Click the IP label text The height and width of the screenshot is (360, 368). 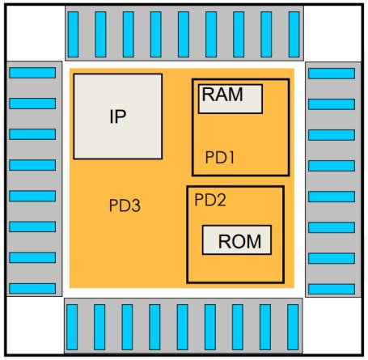pyautogui.click(x=118, y=116)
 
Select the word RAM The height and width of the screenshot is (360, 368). pyautogui.click(x=222, y=94)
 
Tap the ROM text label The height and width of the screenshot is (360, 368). pyautogui.click(x=239, y=241)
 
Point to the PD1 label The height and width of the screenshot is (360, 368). pyautogui.click(x=220, y=157)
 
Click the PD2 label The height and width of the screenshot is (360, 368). pyautogui.click(x=210, y=200)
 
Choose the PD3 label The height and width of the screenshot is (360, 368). pyautogui.click(x=125, y=205)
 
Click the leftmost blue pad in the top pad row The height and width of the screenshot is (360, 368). pyautogui.click(x=73, y=34)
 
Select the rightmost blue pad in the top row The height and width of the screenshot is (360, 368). pyautogui.click(x=294, y=34)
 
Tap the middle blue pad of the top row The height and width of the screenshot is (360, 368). pyautogui.click(x=184, y=34)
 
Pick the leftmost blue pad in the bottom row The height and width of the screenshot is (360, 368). pyautogui.click(x=72, y=327)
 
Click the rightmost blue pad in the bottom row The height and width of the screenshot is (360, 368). pyautogui.click(x=293, y=327)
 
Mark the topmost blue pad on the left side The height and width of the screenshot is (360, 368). pyautogui.click(x=32, y=73)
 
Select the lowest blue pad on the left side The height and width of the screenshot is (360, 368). pyautogui.click(x=32, y=288)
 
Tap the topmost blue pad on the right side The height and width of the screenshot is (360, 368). pyautogui.click(x=332, y=74)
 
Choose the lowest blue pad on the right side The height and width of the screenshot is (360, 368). pyautogui.click(x=332, y=289)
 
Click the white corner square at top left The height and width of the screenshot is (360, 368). pyautogui.click(x=36, y=33)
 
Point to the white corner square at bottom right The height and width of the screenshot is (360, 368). pyautogui.click(x=332, y=325)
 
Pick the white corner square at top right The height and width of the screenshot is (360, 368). pyautogui.click(x=332, y=34)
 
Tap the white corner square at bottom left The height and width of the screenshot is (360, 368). pyautogui.click(x=35, y=325)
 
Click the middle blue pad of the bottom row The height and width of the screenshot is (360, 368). pyautogui.click(x=183, y=327)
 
